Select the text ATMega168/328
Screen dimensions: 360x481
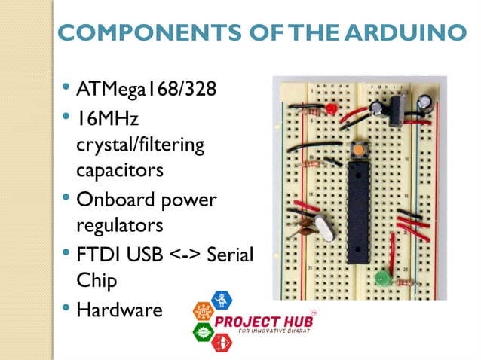(146, 90)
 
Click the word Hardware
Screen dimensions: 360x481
(119, 310)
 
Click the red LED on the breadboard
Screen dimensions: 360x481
(331, 110)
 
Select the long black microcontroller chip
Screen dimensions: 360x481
(358, 211)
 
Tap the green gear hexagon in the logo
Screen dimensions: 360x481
(203, 330)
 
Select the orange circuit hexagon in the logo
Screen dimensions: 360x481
(202, 311)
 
